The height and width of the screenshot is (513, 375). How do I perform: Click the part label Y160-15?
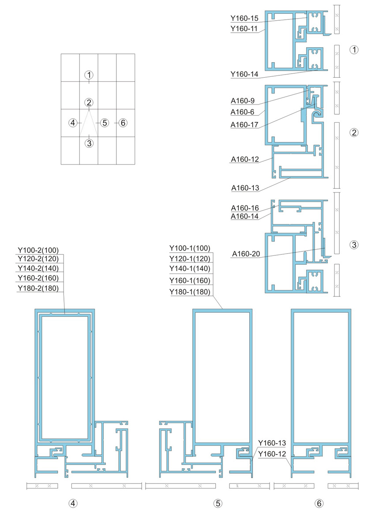pos(244,18)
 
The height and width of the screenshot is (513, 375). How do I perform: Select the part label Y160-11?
pos(244,29)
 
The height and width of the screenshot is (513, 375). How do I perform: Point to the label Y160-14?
pos(244,75)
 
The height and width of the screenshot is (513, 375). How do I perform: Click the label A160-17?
pos(244,125)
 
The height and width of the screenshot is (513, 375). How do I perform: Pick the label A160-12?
pos(244,159)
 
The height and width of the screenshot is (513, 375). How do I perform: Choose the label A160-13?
pos(244,188)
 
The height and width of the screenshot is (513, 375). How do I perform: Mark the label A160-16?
pos(244,208)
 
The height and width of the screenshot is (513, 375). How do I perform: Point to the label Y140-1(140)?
pos(190,268)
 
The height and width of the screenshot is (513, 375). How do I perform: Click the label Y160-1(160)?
pos(190,281)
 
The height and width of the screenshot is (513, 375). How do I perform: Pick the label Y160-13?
pos(272,443)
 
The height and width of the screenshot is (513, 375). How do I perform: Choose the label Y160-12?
pos(272,453)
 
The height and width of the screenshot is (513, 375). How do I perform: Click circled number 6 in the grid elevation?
pos(123,123)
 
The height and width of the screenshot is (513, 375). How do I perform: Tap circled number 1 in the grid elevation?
pos(89,75)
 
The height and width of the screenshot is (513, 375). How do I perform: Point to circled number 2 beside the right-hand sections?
pos(353,132)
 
